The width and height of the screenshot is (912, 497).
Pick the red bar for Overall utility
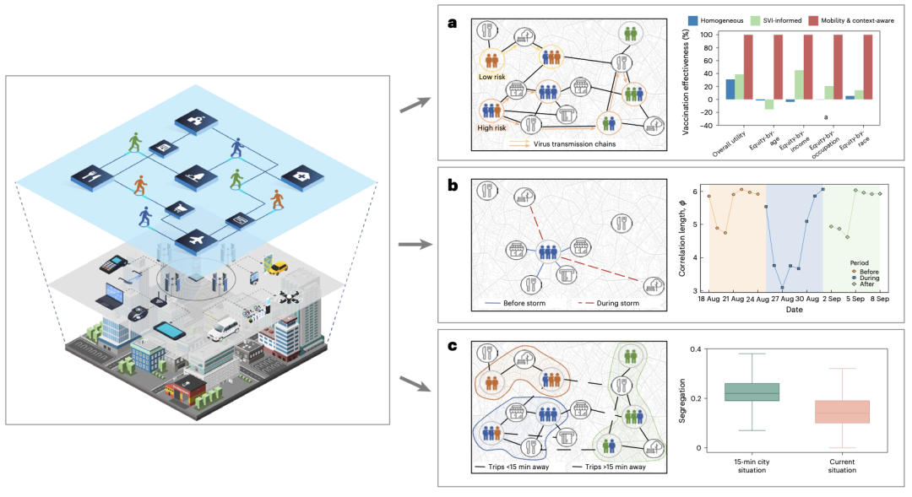(x=748, y=67)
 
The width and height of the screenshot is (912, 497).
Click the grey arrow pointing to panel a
(x=413, y=104)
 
